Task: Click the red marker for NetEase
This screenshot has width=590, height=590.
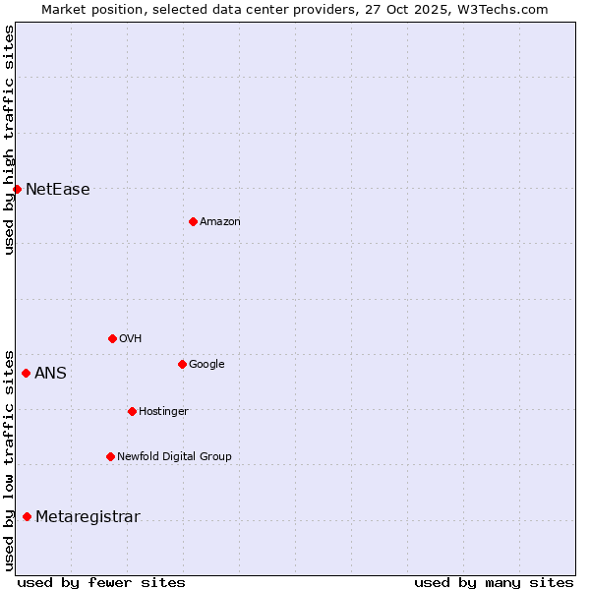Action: pyautogui.click(x=17, y=189)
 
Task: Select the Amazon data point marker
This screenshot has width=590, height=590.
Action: pyautogui.click(x=193, y=221)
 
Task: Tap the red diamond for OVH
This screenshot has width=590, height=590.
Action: pyautogui.click(x=112, y=338)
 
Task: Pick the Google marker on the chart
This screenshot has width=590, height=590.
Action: pyautogui.click(x=182, y=364)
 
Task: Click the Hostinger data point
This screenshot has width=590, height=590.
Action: pyautogui.click(x=132, y=411)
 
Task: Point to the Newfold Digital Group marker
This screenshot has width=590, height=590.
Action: pyautogui.click(x=110, y=456)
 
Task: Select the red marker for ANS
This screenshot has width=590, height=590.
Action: pyautogui.click(x=26, y=373)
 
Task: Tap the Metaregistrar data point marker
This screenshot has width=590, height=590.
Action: pyautogui.click(x=27, y=516)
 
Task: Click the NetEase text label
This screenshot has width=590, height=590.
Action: pyautogui.click(x=57, y=190)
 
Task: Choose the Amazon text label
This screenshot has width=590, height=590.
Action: pyautogui.click(x=220, y=221)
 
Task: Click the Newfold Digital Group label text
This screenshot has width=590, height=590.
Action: pyautogui.click(x=174, y=456)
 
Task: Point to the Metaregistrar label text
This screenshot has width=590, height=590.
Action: pyautogui.click(x=88, y=517)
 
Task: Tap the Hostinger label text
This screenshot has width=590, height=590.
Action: pyautogui.click(x=163, y=411)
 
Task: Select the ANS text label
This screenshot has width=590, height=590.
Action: pyautogui.click(x=50, y=374)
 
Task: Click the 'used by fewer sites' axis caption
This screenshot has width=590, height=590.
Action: pyautogui.click(x=101, y=582)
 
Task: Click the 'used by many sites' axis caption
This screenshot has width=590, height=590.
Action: pyautogui.click(x=494, y=582)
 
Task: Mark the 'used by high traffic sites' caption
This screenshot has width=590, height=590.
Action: pyautogui.click(x=9, y=140)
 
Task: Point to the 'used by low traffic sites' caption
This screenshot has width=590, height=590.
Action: pyautogui.click(x=9, y=459)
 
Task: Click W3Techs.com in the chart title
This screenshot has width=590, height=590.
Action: pyautogui.click(x=501, y=9)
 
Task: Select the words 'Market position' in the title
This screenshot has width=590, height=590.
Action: pyautogui.click(x=88, y=9)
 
